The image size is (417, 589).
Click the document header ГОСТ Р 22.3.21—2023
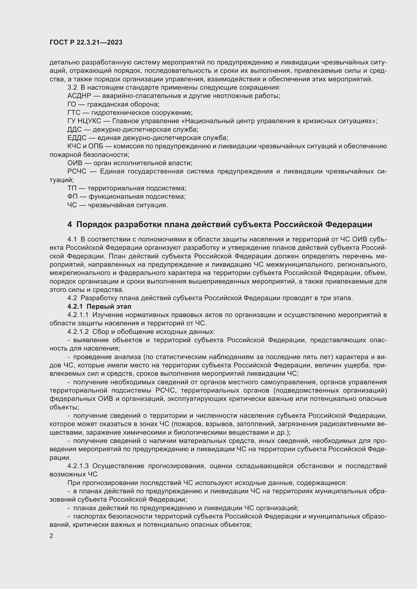click(x=86, y=43)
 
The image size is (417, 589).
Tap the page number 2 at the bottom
click(x=51, y=536)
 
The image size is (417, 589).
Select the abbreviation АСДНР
click(x=79, y=96)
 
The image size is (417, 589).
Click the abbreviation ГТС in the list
click(x=74, y=113)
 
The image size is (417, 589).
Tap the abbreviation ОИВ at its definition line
click(x=75, y=163)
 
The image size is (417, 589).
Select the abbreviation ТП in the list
click(x=72, y=188)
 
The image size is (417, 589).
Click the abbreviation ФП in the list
click(x=72, y=197)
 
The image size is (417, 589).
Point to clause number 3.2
click(x=72, y=87)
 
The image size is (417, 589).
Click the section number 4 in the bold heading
click(x=70, y=224)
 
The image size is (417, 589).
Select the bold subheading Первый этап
click(x=109, y=306)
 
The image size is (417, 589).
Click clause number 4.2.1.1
click(x=78, y=315)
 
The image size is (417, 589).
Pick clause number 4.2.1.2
click(x=78, y=332)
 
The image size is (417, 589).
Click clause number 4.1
click(x=72, y=239)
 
